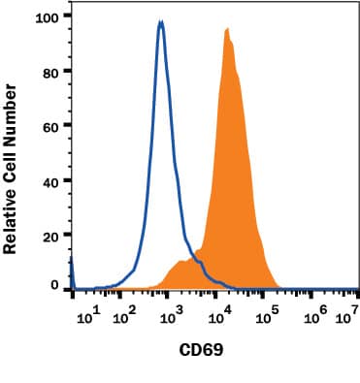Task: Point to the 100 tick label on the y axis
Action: coord(48,16)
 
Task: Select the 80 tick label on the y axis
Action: coord(51,71)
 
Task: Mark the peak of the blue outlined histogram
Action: coord(161,22)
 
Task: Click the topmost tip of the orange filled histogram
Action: coord(226,29)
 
